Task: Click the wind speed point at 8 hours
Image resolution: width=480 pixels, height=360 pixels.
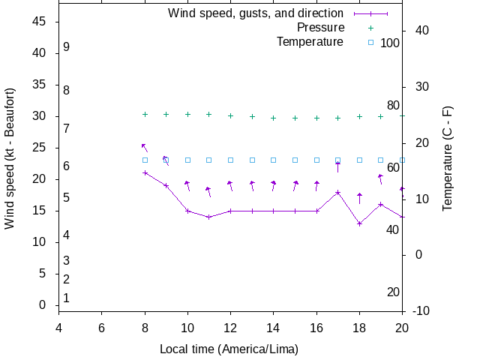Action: [x=145, y=172]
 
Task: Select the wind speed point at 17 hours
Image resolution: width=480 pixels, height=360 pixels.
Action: [x=338, y=192]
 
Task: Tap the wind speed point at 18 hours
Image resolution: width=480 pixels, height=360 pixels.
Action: [x=360, y=223]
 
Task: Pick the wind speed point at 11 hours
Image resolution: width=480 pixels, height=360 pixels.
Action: [x=209, y=217]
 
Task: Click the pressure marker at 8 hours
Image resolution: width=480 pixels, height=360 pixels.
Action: [x=145, y=114]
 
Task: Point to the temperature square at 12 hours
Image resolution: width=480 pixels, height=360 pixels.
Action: [x=231, y=160]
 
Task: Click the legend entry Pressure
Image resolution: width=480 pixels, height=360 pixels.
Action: [x=320, y=28]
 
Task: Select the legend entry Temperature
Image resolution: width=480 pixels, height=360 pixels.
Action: [x=310, y=42]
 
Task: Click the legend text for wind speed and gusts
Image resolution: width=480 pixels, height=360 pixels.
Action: [x=256, y=13]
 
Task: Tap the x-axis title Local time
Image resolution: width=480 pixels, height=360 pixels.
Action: [x=229, y=349]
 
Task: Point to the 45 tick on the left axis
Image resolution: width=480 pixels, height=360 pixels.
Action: [x=40, y=22]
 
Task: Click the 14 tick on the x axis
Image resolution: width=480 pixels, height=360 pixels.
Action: [x=274, y=328]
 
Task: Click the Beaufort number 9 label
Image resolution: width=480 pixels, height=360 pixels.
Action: [x=67, y=46]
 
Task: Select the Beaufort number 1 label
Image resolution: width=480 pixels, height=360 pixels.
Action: [x=67, y=298]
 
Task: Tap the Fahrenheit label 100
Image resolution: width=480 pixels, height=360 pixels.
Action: [x=390, y=43]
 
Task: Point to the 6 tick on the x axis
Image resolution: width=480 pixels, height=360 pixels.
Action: [x=101, y=328]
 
